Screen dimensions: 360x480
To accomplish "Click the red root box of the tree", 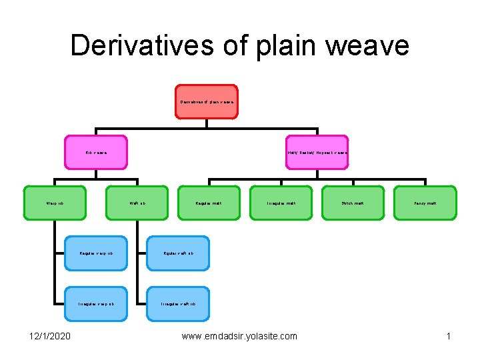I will tap(206, 102).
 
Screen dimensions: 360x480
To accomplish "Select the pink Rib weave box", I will tap(96, 153).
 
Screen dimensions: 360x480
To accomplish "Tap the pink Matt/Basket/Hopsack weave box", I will tap(317, 153).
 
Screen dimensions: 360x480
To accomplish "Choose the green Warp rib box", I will tap(55, 203).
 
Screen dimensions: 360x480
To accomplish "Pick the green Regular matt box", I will tap(209, 203).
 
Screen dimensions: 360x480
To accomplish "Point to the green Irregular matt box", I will tap(281, 203).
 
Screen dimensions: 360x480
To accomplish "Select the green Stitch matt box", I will tap(353, 203).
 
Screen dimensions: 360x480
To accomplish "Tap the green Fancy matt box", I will tap(425, 203).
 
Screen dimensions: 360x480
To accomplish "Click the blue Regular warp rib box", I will tap(95, 253).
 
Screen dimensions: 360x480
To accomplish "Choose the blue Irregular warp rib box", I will tap(95, 304).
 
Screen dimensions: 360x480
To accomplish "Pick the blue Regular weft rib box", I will tap(178, 253).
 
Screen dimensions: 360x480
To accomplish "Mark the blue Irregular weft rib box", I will tap(178, 304).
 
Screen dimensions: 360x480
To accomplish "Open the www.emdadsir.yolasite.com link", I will tap(239, 336).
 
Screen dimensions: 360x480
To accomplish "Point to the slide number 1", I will tap(449, 336).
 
